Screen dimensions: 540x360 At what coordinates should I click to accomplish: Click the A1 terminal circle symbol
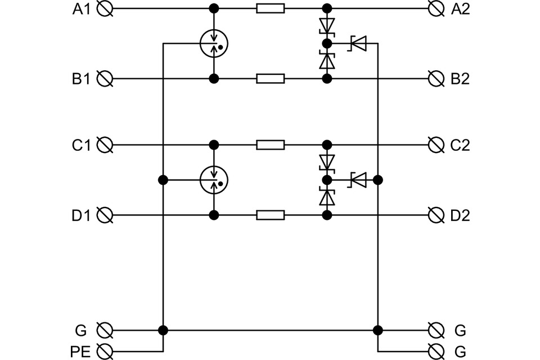tap(105, 8)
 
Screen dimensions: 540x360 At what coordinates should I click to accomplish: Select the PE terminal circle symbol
tap(105, 352)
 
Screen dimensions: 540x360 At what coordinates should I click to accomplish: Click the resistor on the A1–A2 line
tap(271, 8)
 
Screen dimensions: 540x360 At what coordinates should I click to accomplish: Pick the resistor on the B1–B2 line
tap(271, 79)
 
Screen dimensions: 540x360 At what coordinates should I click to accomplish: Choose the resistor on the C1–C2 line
tap(271, 145)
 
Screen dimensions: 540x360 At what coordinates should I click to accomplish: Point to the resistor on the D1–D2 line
tap(271, 215)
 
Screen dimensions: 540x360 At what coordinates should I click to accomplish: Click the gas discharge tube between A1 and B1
tap(214, 43)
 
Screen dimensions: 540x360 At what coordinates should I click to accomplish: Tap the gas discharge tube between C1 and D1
tap(214, 180)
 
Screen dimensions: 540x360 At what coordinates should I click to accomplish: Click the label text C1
tap(81, 145)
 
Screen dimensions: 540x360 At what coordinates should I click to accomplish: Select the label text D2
tap(460, 215)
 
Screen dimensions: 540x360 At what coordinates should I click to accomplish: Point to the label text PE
tap(80, 352)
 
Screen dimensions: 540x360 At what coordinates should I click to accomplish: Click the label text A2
tap(461, 9)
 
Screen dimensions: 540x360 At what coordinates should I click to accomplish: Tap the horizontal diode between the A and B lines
tap(357, 43)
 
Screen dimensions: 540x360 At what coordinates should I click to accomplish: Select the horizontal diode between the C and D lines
tap(357, 180)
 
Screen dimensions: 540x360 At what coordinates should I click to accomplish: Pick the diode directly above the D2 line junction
tap(327, 197)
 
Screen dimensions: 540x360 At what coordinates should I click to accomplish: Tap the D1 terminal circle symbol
tap(105, 215)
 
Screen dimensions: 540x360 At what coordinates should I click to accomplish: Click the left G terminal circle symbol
tap(105, 330)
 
